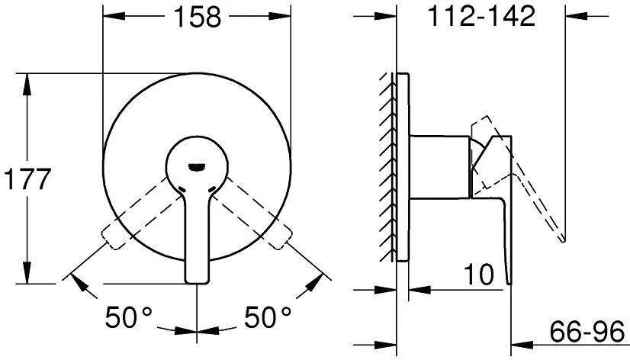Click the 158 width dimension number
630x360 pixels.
pos(197,17)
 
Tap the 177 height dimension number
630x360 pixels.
pos(27,179)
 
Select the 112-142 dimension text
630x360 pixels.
pos(481,16)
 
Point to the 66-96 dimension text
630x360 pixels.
pos(587,332)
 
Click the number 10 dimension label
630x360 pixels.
pos(478,275)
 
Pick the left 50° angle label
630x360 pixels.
pos(129,317)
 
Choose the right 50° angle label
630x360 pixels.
pos(268,317)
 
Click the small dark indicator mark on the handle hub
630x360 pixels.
pos(197,167)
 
